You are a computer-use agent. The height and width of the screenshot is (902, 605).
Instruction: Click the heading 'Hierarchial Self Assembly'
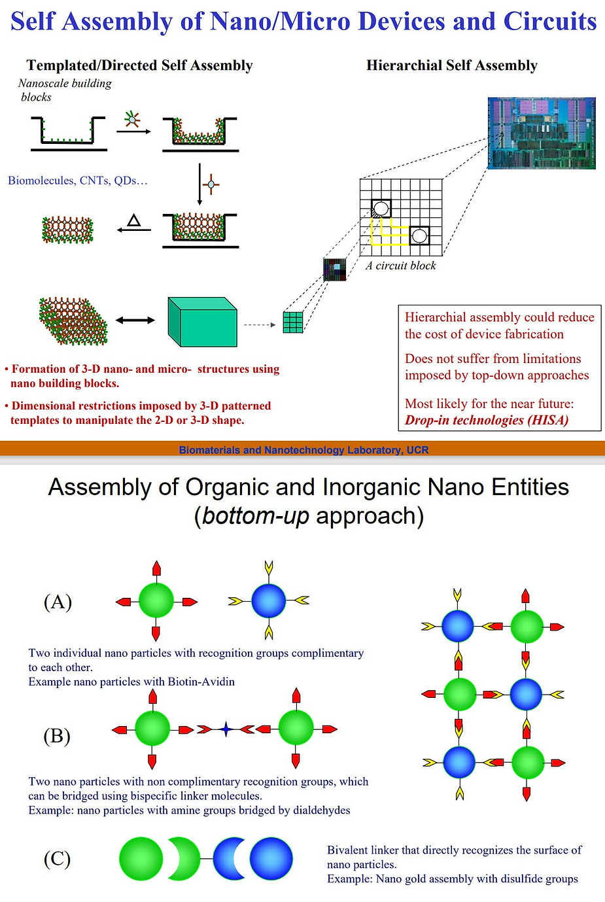[x=451, y=65]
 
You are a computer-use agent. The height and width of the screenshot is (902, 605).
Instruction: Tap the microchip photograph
[x=542, y=133]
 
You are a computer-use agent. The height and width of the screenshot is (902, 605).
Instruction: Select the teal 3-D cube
[x=202, y=321]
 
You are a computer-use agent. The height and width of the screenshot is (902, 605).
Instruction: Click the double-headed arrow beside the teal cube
[x=135, y=320]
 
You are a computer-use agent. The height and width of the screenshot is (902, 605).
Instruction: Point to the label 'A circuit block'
[x=400, y=266]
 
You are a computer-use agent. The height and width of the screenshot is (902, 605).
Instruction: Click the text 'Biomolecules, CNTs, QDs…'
[x=78, y=181]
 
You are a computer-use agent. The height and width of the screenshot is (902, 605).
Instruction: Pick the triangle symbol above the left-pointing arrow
[x=134, y=220]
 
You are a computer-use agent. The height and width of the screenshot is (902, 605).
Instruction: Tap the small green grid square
[x=293, y=322]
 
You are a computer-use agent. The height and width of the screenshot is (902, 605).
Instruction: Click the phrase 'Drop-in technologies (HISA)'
[x=487, y=420]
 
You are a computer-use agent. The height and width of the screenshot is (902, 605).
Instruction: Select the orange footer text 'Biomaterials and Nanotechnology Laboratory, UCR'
[x=303, y=450]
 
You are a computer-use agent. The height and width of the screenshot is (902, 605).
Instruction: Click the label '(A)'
[x=58, y=601]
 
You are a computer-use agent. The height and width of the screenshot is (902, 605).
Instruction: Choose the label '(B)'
[x=57, y=736]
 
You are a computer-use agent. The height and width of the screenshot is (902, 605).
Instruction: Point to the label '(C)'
[x=57, y=858]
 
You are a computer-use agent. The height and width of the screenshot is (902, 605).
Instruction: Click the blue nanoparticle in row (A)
[x=269, y=600]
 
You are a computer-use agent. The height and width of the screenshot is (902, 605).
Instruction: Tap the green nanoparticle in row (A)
[x=156, y=600]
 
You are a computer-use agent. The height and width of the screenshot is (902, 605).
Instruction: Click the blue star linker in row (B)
[x=226, y=729]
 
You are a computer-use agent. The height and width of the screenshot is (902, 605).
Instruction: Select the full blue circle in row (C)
[x=271, y=859]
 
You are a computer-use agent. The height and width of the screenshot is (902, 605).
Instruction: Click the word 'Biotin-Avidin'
[x=201, y=682]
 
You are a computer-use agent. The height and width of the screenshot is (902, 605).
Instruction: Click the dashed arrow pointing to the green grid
[x=259, y=324]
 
